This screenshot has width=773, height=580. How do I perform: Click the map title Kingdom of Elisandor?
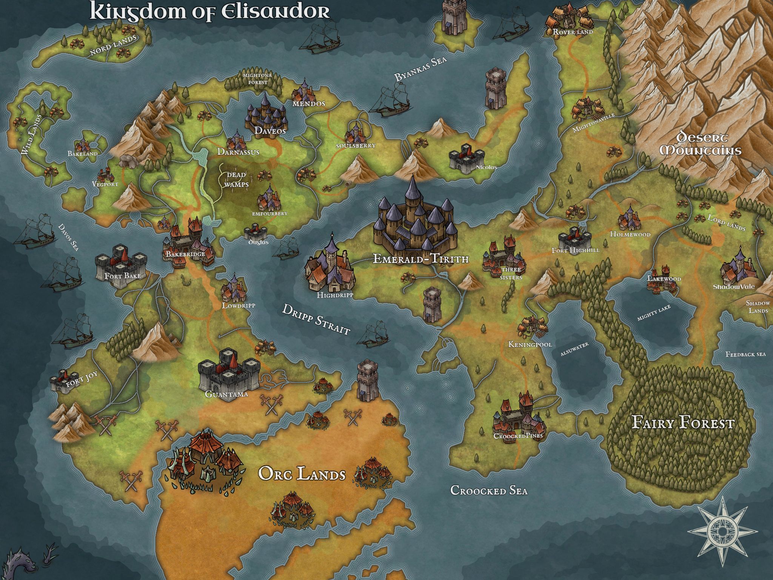pyautogui.click(x=209, y=12)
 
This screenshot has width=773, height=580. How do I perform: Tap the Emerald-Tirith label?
pyautogui.click(x=420, y=259)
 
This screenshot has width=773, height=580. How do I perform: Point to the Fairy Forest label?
pyautogui.click(x=683, y=423)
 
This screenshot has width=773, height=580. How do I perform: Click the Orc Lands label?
pyautogui.click(x=302, y=474)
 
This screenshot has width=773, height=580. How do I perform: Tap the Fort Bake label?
pyautogui.click(x=123, y=276)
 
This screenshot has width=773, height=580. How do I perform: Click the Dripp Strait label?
pyautogui.click(x=316, y=319)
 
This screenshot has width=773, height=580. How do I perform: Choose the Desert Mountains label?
pyautogui.click(x=700, y=144)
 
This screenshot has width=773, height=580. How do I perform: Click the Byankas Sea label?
pyautogui.click(x=420, y=68)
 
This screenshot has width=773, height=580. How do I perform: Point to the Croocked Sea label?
pyautogui.click(x=489, y=491)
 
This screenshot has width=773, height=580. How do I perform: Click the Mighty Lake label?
pyautogui.click(x=654, y=313)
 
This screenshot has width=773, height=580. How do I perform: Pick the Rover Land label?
pyautogui.click(x=573, y=32)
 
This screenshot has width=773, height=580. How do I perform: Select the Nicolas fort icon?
pyautogui.click(x=467, y=159)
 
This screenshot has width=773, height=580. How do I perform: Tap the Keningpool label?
pyautogui.click(x=530, y=344)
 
